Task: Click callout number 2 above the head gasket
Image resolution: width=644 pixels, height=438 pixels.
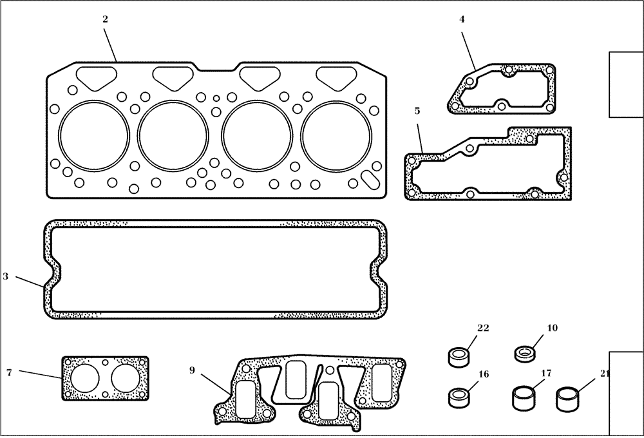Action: point(105,19)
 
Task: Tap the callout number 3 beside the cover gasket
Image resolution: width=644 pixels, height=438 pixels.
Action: point(5,277)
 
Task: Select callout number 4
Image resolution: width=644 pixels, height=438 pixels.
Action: point(462,19)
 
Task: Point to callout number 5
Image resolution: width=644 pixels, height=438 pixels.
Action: point(417,111)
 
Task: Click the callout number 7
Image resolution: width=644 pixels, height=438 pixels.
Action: point(9,372)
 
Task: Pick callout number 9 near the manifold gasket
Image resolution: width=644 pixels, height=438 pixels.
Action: point(192,370)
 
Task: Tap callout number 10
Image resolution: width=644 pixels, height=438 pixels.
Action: point(552,328)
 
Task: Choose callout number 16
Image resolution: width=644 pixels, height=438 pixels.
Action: point(483,373)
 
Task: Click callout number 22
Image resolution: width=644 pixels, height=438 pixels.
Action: point(483,328)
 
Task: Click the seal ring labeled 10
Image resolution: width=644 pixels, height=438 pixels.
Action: point(524,354)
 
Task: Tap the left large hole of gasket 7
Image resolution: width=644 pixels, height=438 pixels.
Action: point(85,377)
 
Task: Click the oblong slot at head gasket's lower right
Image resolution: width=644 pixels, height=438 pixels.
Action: point(371,178)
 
